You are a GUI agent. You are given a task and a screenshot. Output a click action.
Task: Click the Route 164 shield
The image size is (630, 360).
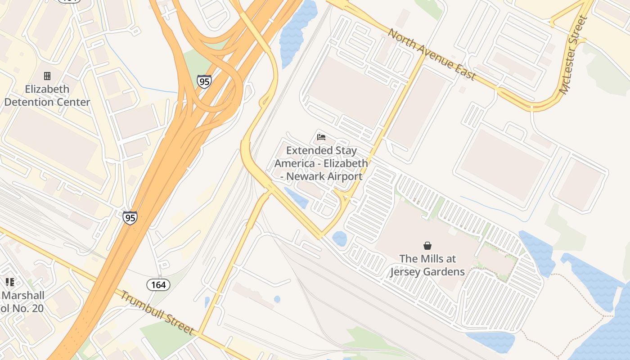[158, 284]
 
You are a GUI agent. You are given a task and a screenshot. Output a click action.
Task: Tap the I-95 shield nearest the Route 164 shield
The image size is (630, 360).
[130, 218]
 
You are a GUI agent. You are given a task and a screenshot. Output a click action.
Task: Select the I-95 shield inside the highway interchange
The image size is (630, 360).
[204, 81]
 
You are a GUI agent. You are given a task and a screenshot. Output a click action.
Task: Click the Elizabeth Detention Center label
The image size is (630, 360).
[47, 95]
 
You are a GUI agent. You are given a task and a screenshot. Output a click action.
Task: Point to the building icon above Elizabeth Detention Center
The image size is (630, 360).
[47, 76]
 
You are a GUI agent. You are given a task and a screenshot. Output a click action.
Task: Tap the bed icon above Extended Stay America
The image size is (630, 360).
[321, 137]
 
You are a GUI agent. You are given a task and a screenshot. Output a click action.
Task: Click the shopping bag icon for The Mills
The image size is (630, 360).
[427, 246]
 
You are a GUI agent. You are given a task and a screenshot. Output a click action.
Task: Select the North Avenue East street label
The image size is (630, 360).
[432, 54]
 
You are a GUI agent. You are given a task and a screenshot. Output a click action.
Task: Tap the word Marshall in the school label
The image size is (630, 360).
[22, 296]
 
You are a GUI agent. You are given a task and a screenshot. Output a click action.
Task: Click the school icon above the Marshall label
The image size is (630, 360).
[10, 282]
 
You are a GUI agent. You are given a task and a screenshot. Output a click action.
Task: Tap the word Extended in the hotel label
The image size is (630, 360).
[307, 151]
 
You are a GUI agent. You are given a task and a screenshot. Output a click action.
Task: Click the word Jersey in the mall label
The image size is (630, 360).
[407, 272]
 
